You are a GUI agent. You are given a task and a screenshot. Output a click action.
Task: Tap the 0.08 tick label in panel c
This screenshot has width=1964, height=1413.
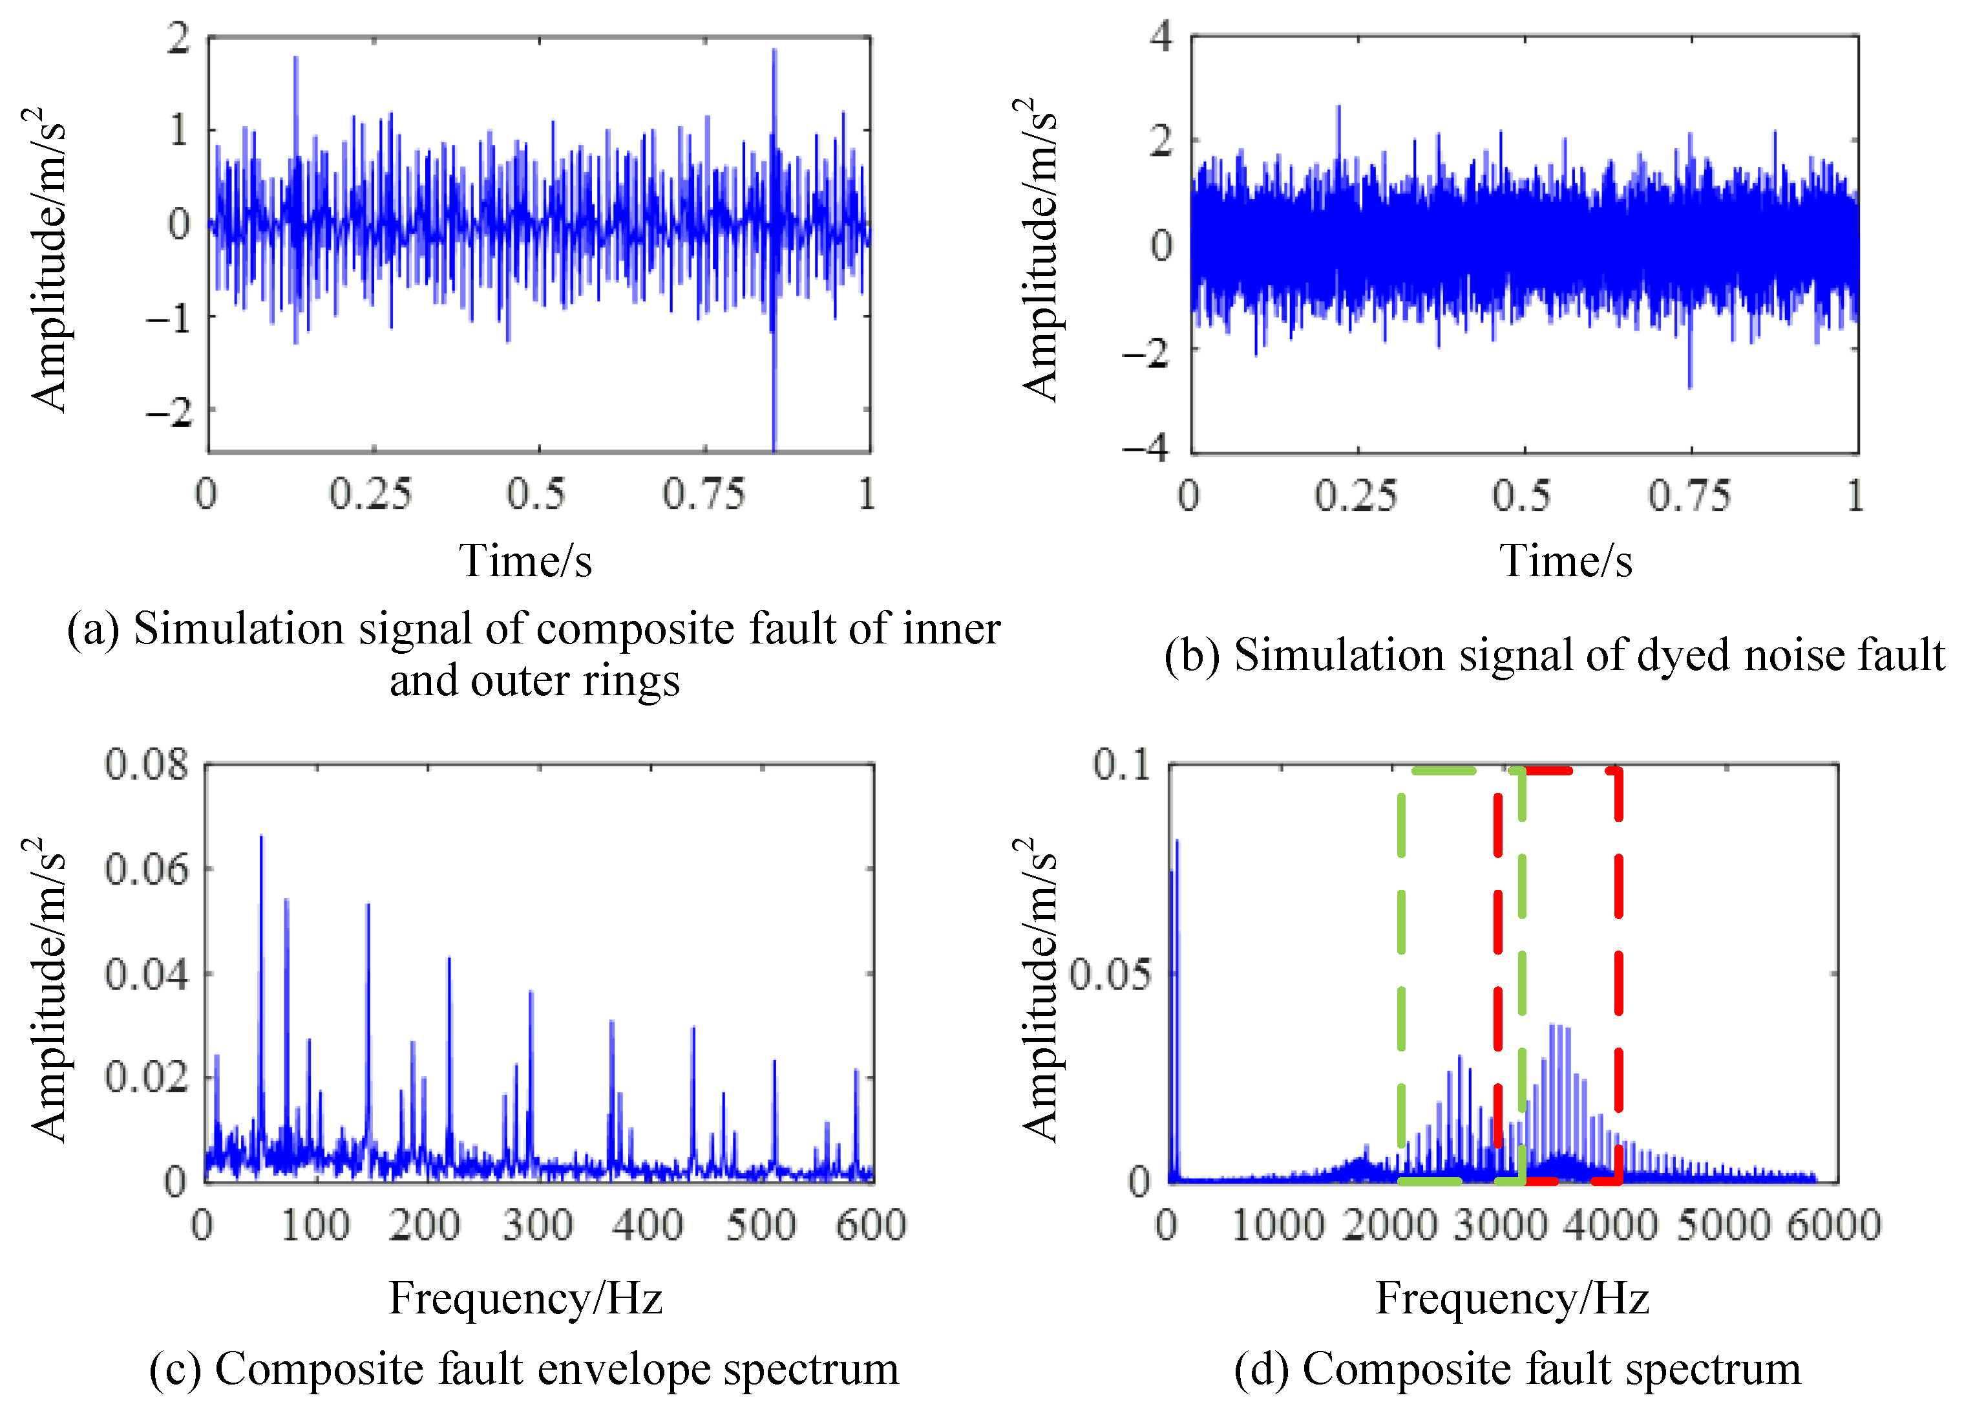[x=145, y=764]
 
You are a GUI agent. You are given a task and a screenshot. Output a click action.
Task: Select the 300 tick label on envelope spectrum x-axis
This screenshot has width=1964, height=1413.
[x=538, y=1225]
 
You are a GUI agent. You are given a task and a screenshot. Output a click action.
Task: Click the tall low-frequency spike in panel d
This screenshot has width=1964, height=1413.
[x=1176, y=845]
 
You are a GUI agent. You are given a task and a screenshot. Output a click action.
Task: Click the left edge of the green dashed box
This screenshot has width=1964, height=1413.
[x=1401, y=970]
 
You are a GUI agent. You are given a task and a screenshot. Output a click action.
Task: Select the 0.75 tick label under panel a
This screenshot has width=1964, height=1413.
[x=703, y=495]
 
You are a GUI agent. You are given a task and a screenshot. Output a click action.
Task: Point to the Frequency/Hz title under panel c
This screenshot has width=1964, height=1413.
[x=525, y=1298]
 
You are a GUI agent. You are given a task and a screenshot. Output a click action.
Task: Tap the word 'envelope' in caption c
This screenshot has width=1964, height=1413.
[x=626, y=1370]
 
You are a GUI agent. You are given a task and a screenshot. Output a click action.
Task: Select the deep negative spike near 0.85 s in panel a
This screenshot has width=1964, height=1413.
[x=774, y=407]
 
